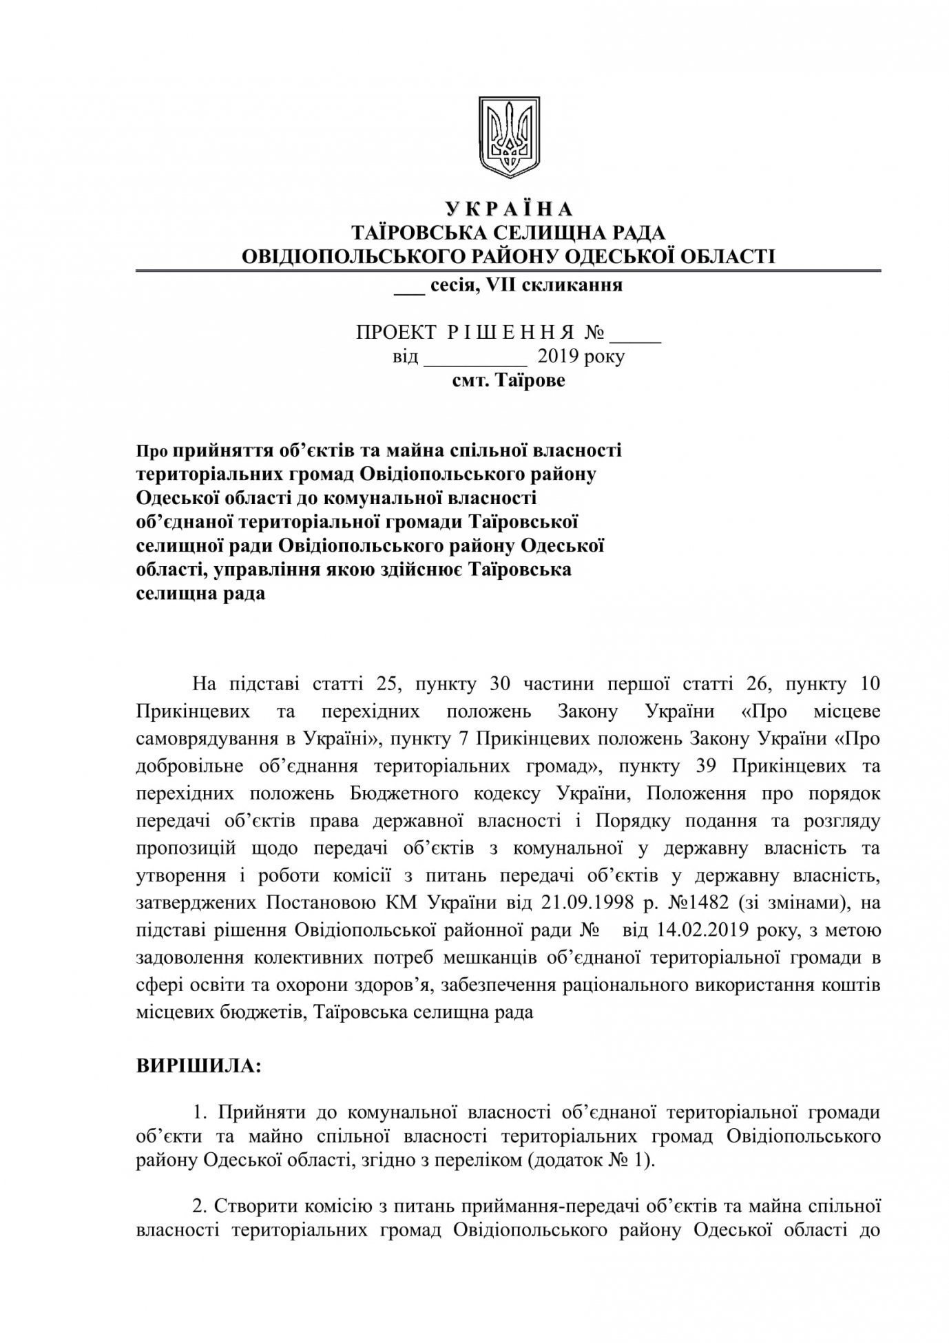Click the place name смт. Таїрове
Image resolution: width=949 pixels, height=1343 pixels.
[508, 380]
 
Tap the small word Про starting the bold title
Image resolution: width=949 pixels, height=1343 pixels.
[151, 452]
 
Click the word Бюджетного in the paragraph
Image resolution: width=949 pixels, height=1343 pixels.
[406, 793]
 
